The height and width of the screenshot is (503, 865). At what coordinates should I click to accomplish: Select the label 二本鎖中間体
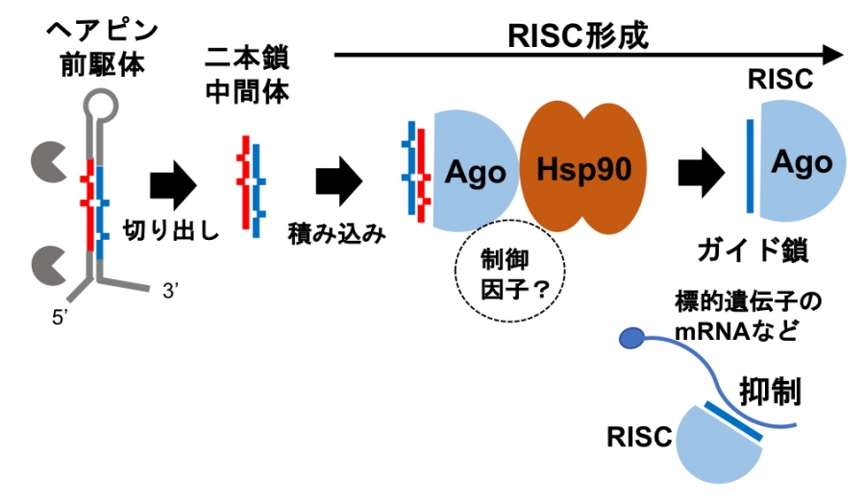[x=248, y=75]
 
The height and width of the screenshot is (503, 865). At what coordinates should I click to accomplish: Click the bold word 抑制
[x=771, y=392]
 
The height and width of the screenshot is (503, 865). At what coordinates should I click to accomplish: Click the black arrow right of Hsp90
[x=701, y=173]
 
